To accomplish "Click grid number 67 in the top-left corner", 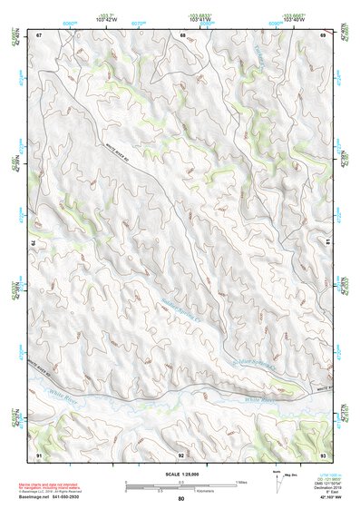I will tap(39, 34).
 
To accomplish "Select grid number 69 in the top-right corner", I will tap(323, 34).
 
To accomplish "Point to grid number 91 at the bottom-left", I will tap(39, 453).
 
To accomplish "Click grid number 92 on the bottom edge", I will tap(181, 453).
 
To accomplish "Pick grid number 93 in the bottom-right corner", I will tap(323, 453).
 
